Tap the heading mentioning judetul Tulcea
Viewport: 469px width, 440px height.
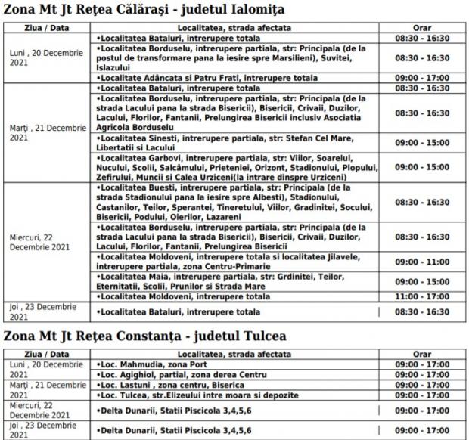tap(144, 335)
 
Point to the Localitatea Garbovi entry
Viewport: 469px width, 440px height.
tap(234, 167)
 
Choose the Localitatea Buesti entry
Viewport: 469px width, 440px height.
tap(234, 203)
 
